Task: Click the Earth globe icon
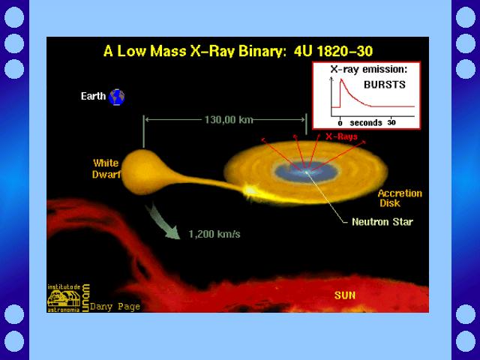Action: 117,97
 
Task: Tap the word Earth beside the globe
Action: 93,96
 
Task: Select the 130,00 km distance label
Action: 229,119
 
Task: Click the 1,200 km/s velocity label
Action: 214,234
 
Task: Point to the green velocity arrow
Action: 162,222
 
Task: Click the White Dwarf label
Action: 106,168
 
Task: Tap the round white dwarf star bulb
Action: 142,172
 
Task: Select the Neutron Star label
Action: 382,222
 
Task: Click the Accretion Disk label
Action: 400,198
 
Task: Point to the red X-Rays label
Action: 341,136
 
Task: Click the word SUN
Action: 345,295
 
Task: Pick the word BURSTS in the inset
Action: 385,85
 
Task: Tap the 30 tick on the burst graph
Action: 391,122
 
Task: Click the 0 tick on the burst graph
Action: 340,123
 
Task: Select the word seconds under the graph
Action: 366,123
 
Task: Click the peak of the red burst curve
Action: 341,79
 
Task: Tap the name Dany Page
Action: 115,307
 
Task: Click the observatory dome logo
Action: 63,298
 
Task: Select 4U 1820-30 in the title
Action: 333,51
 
